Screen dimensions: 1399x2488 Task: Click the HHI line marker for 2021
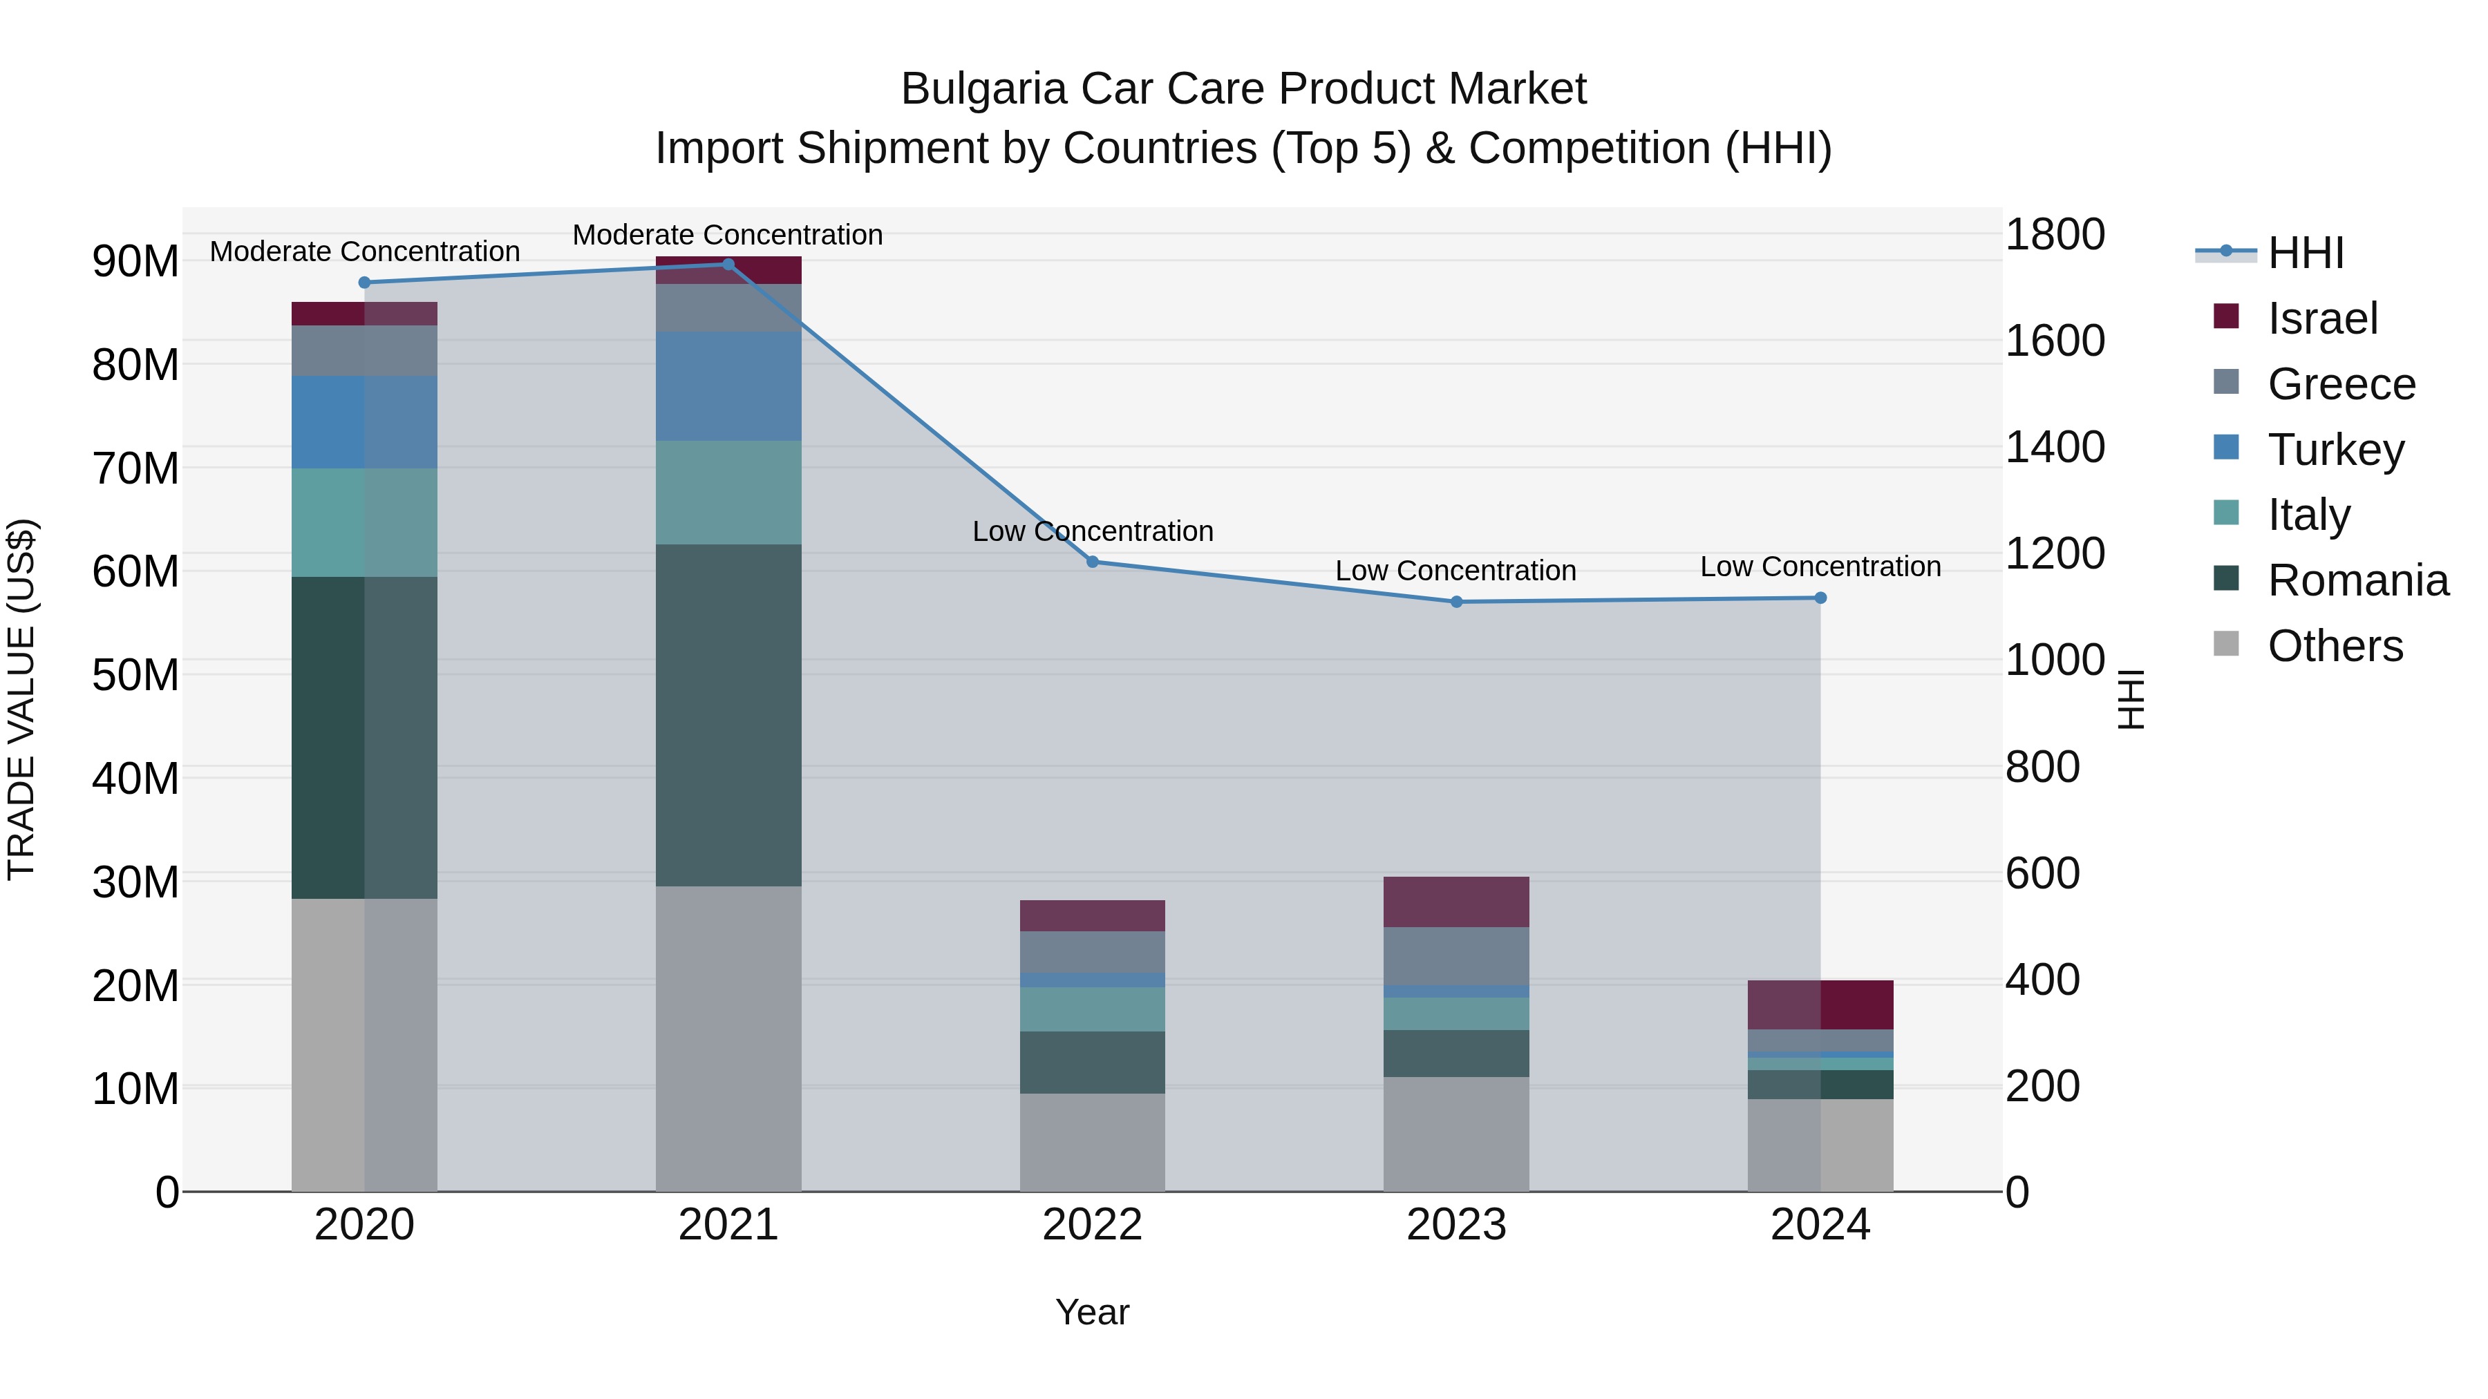click(x=728, y=265)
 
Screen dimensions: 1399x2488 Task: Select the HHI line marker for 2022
click(x=1093, y=562)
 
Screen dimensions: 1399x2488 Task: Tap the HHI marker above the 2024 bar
click(x=1820, y=598)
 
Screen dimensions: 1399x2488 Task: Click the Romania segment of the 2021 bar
click(x=728, y=714)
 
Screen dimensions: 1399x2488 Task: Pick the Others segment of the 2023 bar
click(x=1456, y=1134)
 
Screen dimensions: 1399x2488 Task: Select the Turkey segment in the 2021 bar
click(x=728, y=386)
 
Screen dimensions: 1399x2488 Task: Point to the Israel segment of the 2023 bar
click(x=1456, y=902)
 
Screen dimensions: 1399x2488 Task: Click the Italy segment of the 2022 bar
click(x=1093, y=1009)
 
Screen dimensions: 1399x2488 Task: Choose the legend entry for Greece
click(x=2341, y=384)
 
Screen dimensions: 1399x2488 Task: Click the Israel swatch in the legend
click(x=2226, y=316)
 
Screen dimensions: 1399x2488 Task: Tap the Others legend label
click(x=2335, y=646)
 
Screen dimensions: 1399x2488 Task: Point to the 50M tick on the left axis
click(x=135, y=675)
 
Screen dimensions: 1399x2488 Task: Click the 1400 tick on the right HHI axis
click(x=2055, y=447)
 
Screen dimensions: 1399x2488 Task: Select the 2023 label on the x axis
click(x=1456, y=1225)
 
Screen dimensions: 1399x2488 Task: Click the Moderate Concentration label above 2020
click(x=364, y=251)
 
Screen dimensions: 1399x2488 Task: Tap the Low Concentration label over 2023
click(x=1455, y=571)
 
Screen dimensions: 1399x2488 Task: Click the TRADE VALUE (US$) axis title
click(x=21, y=699)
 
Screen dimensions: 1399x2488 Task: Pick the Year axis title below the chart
click(x=1093, y=1312)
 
